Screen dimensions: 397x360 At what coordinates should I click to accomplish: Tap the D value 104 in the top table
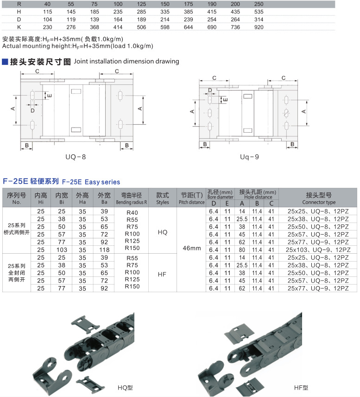[x=47, y=19]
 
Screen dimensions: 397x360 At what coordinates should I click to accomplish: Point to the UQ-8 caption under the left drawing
[x=76, y=157]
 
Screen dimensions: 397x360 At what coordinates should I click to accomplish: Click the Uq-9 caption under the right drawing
[x=249, y=157]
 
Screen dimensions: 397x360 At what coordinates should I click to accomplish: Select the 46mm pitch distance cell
[x=192, y=249]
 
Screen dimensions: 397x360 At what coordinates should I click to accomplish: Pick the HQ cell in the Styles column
[x=162, y=232]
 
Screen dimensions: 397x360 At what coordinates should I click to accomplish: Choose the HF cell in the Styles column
[x=162, y=274]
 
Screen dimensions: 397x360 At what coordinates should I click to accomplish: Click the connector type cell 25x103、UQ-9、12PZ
[x=318, y=250]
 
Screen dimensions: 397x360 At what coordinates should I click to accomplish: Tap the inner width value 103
[x=61, y=250]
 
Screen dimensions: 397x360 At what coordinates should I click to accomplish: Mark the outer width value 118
[x=105, y=250]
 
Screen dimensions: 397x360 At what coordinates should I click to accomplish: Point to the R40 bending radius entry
[x=132, y=212]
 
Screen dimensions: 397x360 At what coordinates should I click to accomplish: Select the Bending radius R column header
[x=132, y=198]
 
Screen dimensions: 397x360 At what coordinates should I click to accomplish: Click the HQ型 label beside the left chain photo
[x=125, y=388]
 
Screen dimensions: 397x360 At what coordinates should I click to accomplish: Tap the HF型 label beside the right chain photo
[x=301, y=388]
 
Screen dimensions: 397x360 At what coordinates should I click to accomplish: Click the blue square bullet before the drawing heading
[x=5, y=61]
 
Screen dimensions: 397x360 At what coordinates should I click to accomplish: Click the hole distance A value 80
[x=242, y=250]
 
